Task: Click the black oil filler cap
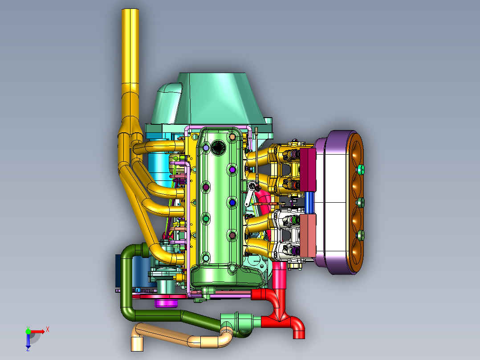click(218, 147)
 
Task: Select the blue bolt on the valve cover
click(232, 203)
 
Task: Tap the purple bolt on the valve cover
click(232, 169)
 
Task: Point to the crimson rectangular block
click(308, 170)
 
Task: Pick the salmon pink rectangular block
click(308, 236)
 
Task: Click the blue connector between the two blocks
click(309, 203)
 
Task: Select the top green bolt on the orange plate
click(361, 169)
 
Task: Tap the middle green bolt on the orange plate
click(361, 203)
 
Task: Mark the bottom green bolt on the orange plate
click(361, 235)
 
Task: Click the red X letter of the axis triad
click(48, 330)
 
